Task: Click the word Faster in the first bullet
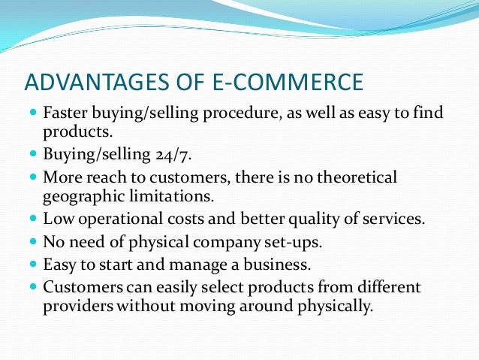click(65, 115)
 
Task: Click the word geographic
click(79, 197)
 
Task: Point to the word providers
click(75, 306)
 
